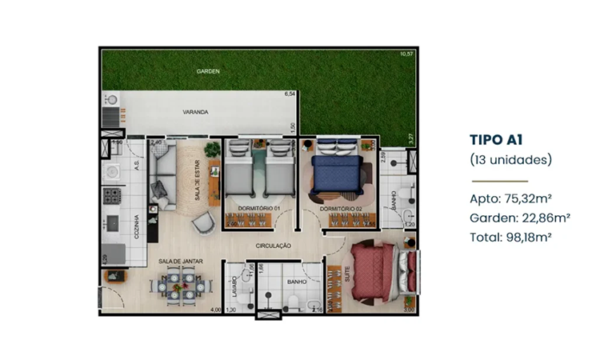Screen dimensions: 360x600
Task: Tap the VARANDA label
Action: click(195, 112)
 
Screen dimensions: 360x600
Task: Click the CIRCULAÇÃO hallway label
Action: click(274, 245)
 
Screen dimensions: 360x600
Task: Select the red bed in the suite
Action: click(374, 271)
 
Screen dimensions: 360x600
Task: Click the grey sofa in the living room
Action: click(165, 176)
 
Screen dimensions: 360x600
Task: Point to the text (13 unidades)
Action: click(510, 159)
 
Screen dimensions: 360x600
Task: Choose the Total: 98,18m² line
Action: click(514, 237)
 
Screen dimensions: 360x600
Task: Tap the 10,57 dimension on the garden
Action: click(408, 54)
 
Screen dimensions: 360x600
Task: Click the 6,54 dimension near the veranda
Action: click(290, 94)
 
